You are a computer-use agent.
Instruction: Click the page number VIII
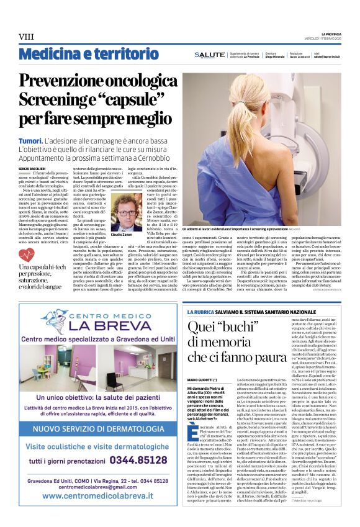(26, 37)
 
